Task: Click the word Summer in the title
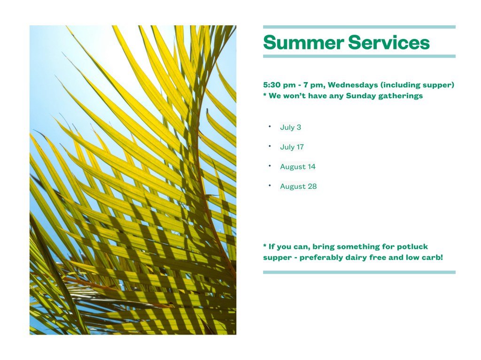303,42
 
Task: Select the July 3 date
290,127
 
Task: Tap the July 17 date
292,147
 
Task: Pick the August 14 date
297,167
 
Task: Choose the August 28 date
298,186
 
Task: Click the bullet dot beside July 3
270,126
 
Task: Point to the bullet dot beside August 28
270,185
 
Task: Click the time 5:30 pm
279,85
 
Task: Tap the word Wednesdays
353,85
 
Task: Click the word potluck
412,246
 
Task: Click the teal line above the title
359,27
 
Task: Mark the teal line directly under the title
359,56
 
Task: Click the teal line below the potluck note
359,272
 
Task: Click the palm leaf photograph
133,180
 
